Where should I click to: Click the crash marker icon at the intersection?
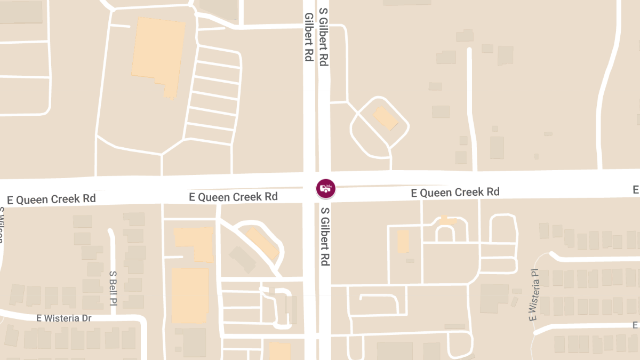coord(325,188)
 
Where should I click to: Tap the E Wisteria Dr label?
coord(64,318)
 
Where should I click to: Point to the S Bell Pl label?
coord(113,288)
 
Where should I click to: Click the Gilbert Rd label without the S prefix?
coord(308,37)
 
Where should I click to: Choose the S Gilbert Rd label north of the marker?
coord(323,37)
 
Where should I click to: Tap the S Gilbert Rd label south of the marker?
coord(324,237)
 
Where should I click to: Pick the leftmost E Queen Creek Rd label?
coord(51,199)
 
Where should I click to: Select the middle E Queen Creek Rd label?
coord(234,197)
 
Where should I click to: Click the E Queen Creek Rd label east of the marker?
coord(455,192)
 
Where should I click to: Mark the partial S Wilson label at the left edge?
coord(2,224)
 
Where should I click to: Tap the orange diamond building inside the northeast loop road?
coord(386,118)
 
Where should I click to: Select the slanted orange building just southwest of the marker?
coord(262,243)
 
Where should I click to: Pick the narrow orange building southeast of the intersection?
coord(403,241)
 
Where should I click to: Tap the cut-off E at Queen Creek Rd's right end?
coord(636,189)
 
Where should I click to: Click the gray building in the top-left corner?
coord(21,12)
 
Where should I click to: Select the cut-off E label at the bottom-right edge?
coord(636,325)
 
